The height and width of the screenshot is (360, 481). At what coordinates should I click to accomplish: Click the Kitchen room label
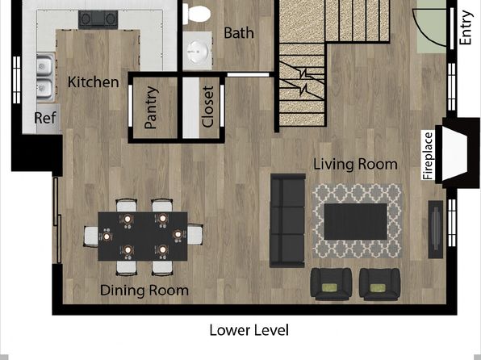[94, 82]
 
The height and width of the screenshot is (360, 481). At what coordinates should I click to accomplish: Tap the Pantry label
[152, 107]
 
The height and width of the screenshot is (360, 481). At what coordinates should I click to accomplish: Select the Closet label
[207, 107]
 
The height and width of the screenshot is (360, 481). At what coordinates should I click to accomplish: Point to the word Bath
[239, 33]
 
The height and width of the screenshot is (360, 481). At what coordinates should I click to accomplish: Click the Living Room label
[355, 164]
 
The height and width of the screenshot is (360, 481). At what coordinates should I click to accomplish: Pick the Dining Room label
[144, 291]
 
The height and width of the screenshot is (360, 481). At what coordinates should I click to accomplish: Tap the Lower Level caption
[249, 330]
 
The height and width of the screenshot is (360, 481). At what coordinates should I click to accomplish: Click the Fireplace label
[428, 156]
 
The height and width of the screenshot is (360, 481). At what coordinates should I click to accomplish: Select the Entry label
[465, 27]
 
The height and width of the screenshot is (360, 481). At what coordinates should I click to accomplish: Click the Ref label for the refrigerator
[45, 118]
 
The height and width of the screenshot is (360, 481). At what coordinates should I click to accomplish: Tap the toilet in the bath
[197, 14]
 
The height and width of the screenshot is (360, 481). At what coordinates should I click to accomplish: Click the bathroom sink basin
[199, 51]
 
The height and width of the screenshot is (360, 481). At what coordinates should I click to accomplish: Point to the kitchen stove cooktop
[98, 19]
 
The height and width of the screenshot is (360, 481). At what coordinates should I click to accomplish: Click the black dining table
[143, 236]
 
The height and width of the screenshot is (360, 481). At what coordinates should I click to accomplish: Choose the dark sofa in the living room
[287, 220]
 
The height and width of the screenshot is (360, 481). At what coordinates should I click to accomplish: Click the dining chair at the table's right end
[195, 235]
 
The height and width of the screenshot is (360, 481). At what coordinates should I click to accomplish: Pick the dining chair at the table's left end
[91, 237]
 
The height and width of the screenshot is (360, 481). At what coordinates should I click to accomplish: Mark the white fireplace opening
[454, 153]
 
